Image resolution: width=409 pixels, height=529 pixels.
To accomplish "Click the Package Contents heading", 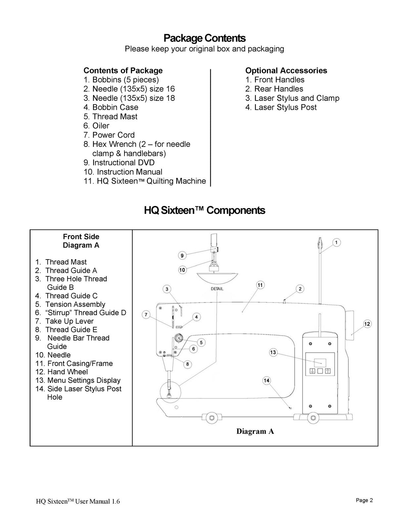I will [204, 38].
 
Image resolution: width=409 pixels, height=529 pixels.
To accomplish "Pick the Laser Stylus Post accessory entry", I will [281, 107].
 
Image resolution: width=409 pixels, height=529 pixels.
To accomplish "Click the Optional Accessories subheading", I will [286, 70].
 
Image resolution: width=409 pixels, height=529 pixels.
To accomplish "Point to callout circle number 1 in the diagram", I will [336, 243].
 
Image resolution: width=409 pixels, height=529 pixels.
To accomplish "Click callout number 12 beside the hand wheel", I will [367, 324].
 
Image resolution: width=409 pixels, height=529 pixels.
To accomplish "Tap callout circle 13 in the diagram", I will [273, 352].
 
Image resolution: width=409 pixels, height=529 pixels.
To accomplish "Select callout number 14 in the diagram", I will [267, 381].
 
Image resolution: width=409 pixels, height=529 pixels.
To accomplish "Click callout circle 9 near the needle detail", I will [182, 255].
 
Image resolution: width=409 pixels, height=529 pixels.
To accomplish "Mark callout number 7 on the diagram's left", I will [146, 314].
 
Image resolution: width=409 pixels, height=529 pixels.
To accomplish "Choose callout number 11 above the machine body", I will [260, 285].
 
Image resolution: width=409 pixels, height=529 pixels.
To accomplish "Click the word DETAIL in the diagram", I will [217, 289].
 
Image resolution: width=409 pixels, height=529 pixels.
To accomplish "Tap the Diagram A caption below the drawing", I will [255, 431].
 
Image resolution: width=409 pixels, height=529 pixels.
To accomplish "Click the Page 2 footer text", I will [364, 500].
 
